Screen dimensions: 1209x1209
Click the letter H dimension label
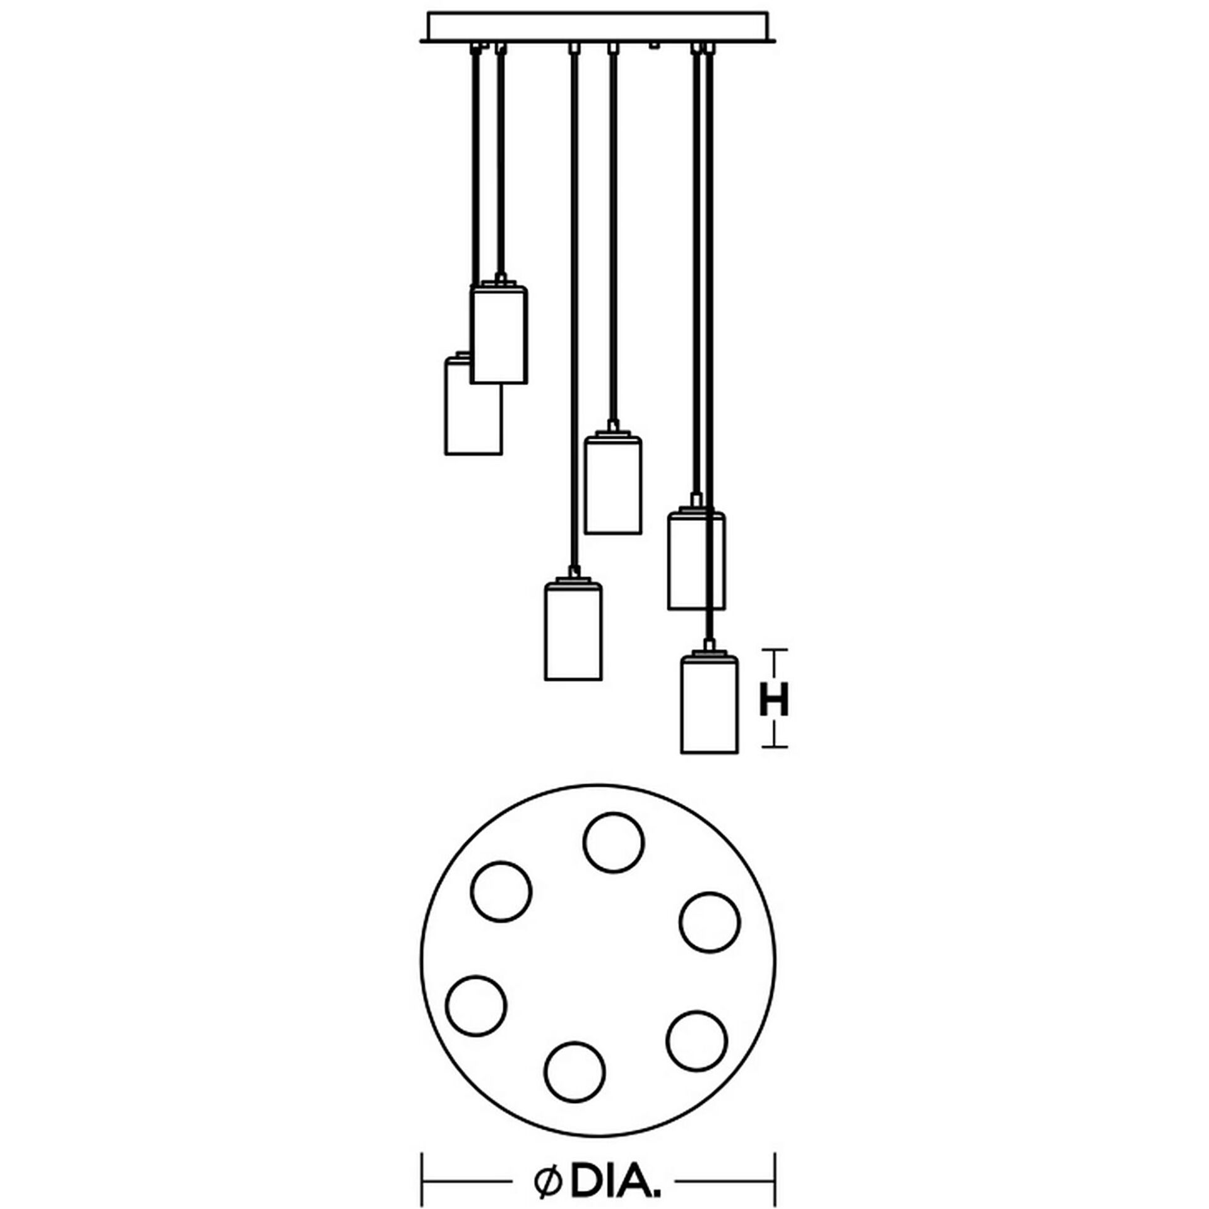pyautogui.click(x=773, y=700)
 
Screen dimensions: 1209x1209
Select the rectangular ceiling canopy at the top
pyautogui.click(x=597, y=27)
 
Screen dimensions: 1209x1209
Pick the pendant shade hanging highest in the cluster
pyautogui.click(x=499, y=335)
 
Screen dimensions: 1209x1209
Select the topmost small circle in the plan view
pyautogui.click(x=613, y=842)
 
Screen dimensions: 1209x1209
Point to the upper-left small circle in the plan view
pyautogui.click(x=501, y=891)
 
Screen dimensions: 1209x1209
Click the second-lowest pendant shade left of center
pyautogui.click(x=573, y=631)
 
